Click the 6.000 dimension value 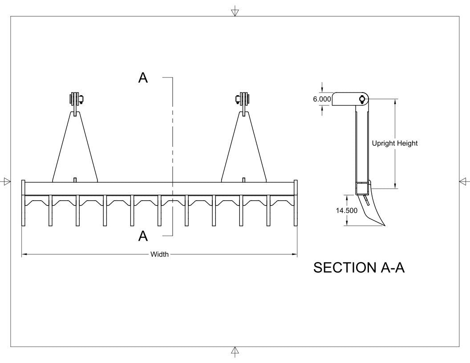[322, 99]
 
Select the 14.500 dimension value [346, 210]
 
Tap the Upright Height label [395, 143]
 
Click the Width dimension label [159, 254]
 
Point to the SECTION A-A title [359, 267]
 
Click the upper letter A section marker [143, 78]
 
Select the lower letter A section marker [143, 236]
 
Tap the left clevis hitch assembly [76, 100]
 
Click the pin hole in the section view [362, 99]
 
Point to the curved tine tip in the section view [378, 222]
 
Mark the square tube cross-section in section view [362, 188]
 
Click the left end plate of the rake [24, 203]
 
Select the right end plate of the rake [296, 203]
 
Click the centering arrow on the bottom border [235, 351]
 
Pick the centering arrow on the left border [7, 181]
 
